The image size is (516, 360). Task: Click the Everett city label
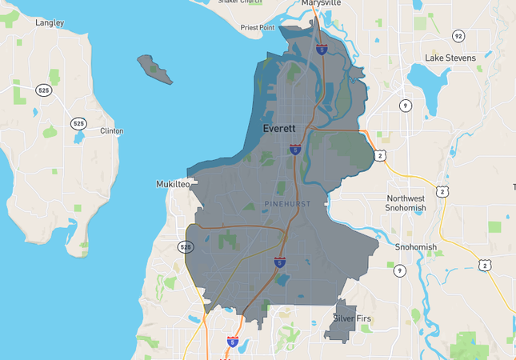pyautogui.click(x=280, y=128)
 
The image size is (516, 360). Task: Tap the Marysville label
pyautogui.click(x=321, y=3)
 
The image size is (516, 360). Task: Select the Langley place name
pyautogui.click(x=50, y=23)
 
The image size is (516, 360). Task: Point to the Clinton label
pyautogui.click(x=111, y=130)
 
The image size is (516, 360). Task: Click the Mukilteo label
pyautogui.click(x=173, y=184)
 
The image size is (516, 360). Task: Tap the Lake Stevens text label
pyautogui.click(x=450, y=58)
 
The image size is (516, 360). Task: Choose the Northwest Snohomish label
pyautogui.click(x=405, y=202)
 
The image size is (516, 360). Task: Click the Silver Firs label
pyautogui.click(x=352, y=318)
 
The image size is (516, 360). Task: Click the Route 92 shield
pyautogui.click(x=458, y=36)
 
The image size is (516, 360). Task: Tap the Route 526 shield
pyautogui.click(x=186, y=247)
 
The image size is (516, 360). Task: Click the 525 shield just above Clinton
pyautogui.click(x=78, y=123)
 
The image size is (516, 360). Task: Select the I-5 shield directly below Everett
pyautogui.click(x=295, y=149)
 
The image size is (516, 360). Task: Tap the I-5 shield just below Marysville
pyautogui.click(x=321, y=50)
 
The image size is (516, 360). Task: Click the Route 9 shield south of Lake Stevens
pyautogui.click(x=406, y=105)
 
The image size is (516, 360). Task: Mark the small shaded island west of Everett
pyautogui.click(x=154, y=70)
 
